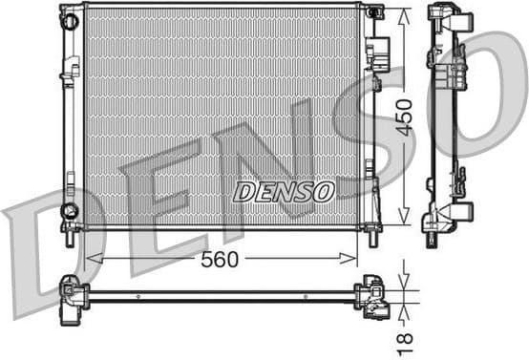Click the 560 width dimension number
tap(220, 259)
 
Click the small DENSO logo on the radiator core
tap(284, 191)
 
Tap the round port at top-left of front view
tap(69, 19)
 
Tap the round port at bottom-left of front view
tap(69, 210)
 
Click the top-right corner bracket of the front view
tap(373, 12)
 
